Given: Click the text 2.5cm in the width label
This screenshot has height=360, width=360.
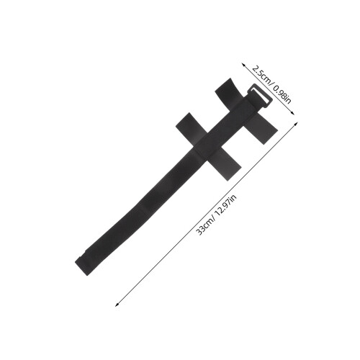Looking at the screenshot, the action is (261, 74).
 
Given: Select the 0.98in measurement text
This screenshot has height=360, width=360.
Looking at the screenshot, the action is (282, 95).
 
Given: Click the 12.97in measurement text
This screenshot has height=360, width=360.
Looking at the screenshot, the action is (226, 205).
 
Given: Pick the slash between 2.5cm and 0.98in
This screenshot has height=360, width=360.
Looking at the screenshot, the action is (272, 84).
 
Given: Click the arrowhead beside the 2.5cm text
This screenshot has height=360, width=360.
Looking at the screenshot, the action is (243, 65).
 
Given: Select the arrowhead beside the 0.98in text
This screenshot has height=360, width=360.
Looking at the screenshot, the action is (292, 113).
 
